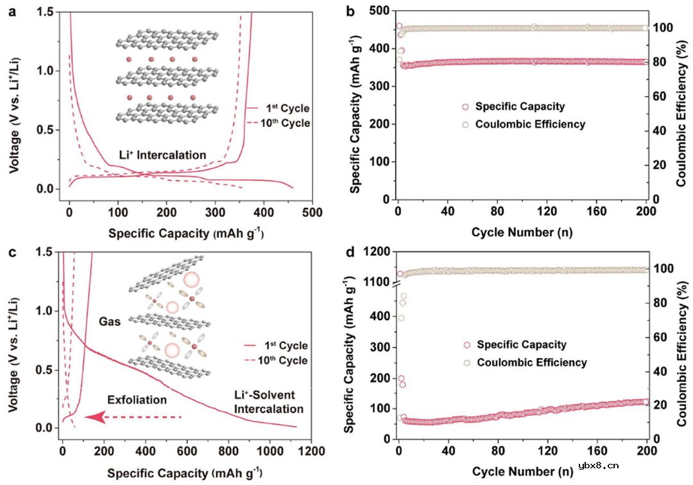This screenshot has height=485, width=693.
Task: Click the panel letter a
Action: [x=12, y=11]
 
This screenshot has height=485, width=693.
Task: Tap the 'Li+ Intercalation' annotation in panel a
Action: [x=162, y=155]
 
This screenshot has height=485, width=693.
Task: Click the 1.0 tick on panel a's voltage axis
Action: [x=52, y=71]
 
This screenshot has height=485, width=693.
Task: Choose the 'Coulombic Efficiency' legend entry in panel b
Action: [x=530, y=124]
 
